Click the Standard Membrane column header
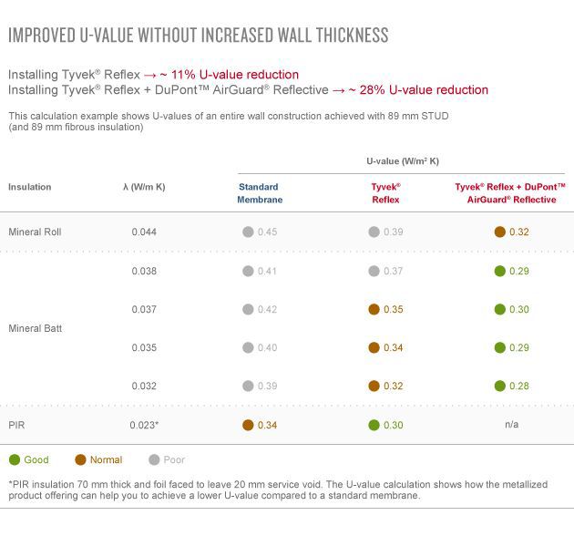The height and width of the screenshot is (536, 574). (x=260, y=193)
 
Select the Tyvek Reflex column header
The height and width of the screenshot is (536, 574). (x=386, y=193)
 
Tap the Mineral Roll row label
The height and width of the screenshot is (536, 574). (x=35, y=232)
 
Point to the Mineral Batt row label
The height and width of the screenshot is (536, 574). (x=35, y=328)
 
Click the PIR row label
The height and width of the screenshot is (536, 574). (x=16, y=425)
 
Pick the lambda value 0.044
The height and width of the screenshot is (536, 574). (x=144, y=232)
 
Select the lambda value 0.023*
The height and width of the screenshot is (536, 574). (x=146, y=425)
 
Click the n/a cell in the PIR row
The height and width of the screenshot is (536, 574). (x=510, y=425)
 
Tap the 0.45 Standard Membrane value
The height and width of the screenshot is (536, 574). (x=266, y=232)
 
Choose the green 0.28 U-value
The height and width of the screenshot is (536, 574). (x=518, y=387)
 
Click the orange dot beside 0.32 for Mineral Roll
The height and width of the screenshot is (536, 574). (x=499, y=232)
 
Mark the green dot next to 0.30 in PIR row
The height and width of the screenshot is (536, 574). (x=374, y=425)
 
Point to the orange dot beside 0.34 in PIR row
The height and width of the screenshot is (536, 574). (x=248, y=425)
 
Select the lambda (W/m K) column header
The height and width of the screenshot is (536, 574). (x=144, y=187)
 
